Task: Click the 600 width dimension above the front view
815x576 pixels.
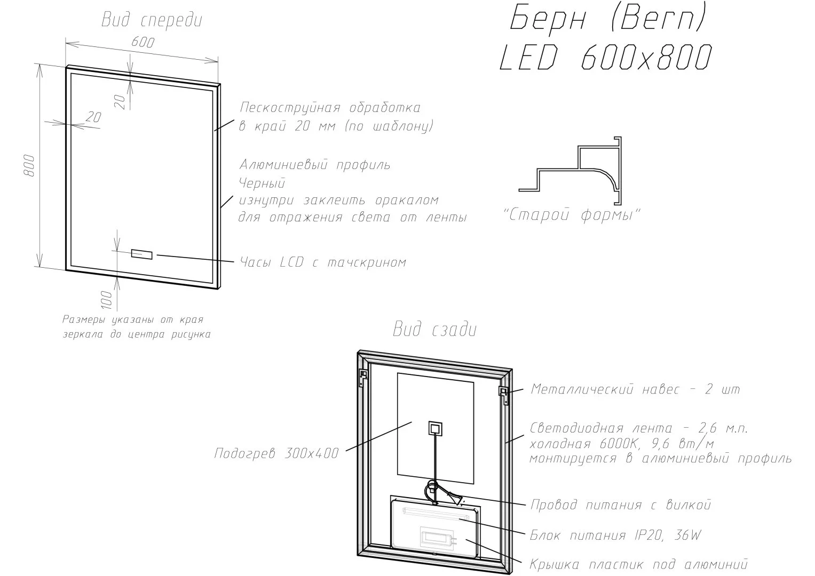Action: [143, 42]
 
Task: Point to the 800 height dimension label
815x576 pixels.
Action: [29, 166]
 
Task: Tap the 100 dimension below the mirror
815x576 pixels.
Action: [107, 300]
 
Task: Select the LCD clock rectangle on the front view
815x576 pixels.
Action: [141, 254]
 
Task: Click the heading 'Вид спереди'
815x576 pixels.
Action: [152, 20]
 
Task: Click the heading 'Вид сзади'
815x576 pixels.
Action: [435, 330]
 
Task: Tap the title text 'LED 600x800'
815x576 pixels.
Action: [605, 57]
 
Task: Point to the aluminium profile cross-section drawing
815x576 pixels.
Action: [570, 170]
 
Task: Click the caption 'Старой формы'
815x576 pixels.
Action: [571, 215]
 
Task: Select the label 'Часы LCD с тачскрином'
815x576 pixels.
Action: [323, 262]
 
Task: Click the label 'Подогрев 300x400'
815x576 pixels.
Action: [276, 453]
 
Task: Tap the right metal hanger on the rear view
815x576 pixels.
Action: [504, 396]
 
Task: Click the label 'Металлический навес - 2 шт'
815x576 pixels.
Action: [635, 389]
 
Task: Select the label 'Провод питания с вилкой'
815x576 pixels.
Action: [621, 505]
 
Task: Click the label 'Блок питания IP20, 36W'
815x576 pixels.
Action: [615, 535]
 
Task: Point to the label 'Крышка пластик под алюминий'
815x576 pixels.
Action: [638, 564]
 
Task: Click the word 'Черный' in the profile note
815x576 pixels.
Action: [262, 183]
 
